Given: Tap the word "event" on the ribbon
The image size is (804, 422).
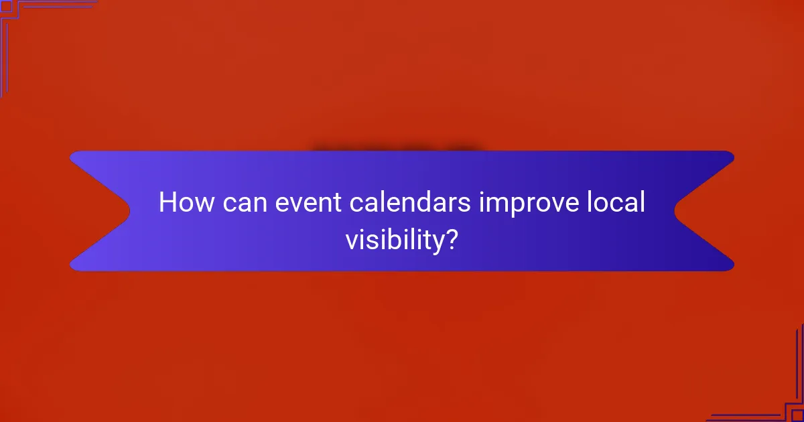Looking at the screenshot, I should [304, 203].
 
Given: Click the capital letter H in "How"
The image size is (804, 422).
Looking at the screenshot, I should [167, 203].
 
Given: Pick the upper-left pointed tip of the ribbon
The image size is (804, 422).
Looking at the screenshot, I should [72, 155].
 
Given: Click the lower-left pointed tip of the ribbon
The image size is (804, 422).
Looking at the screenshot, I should [72, 267].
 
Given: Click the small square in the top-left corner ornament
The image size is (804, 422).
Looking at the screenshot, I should [6, 6].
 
